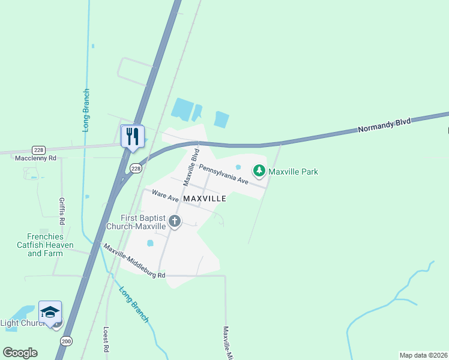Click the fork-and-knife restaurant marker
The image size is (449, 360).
coord(133,136)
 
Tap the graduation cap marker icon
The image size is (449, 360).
coord(50,311)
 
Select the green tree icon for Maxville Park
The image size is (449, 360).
coord(259,172)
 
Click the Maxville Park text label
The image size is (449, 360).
coord(293,172)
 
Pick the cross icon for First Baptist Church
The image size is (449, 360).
coord(175,221)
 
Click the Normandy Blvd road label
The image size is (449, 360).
coord(384,125)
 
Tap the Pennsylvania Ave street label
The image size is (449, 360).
coord(223,174)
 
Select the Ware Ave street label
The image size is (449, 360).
coord(166,195)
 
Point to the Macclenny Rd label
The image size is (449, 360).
coord(35,158)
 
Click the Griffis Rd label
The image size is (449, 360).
coord(62,211)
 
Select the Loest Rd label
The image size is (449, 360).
coord(106,339)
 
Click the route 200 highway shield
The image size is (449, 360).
coord(66,341)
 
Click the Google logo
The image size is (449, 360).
coord(20,353)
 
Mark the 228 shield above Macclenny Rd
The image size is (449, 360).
coord(39,149)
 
